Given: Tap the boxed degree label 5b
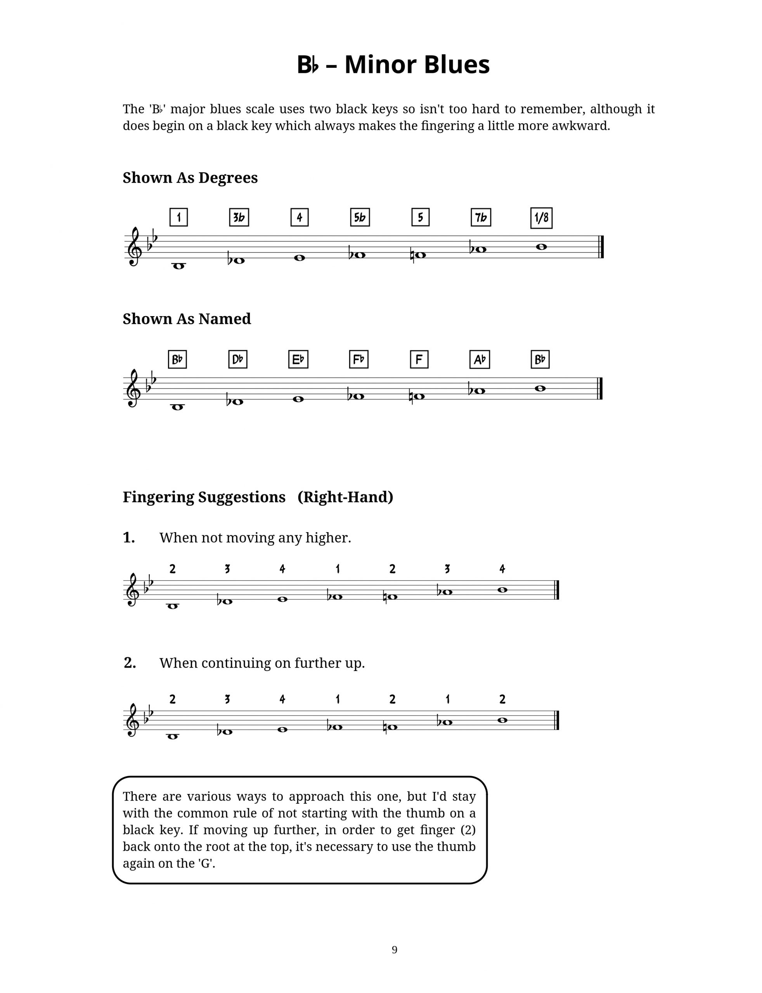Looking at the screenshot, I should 360,218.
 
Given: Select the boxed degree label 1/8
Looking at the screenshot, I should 541,218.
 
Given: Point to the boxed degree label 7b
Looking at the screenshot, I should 480,218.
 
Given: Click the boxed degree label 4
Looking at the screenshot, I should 300,218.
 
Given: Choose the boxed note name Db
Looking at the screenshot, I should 238,360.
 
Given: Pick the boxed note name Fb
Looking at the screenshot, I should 358,360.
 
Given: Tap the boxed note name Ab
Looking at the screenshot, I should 480,360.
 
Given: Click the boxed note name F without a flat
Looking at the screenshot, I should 419,360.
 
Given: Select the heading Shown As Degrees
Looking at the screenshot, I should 190,178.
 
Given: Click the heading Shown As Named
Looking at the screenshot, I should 186,319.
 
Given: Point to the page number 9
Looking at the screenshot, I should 394,950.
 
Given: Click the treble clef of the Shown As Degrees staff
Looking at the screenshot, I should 134,247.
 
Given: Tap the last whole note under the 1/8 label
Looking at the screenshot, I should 541,247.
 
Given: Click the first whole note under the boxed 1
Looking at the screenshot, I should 179,266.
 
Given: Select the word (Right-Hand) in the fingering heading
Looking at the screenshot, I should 345,497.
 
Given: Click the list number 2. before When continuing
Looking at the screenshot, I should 130,663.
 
